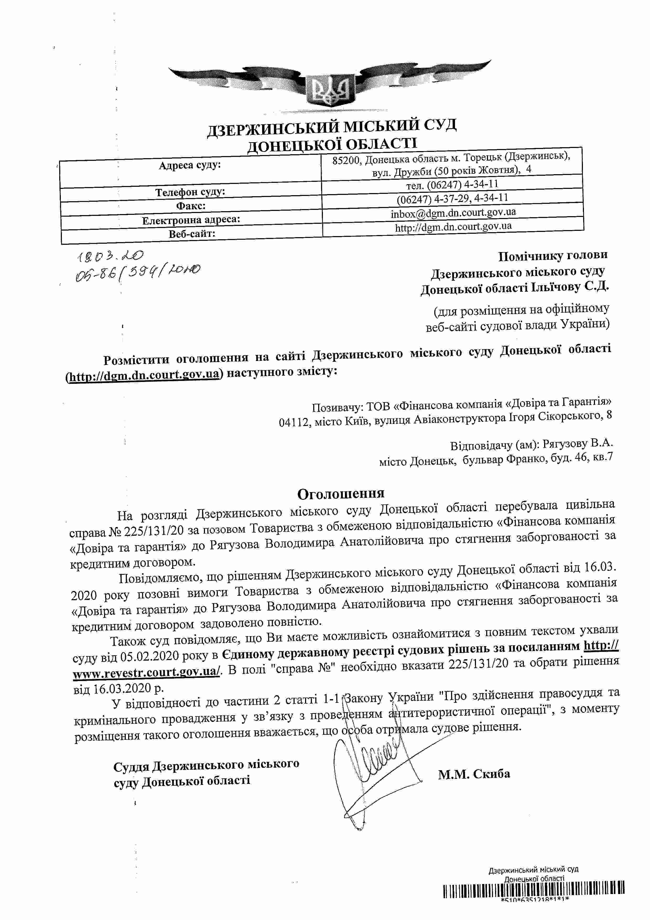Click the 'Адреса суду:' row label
coord(190,165)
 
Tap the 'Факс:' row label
coord(191,206)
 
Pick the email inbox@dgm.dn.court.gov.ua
coord(453,213)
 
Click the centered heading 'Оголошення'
coord(341,493)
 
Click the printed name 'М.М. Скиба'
coord(474,774)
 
